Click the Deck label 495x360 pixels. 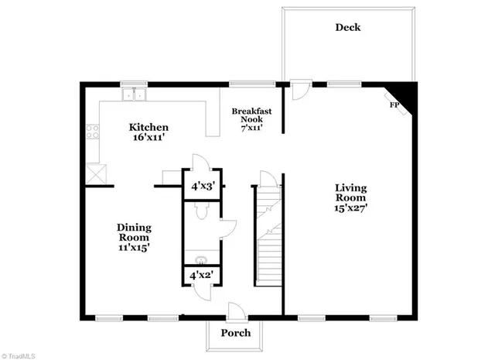tap(347, 28)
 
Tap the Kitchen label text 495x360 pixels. tap(148, 127)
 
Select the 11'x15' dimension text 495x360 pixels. tap(133, 248)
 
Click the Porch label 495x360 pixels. tap(236, 334)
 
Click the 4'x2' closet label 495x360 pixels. tap(200, 274)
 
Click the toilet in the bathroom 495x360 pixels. tap(200, 211)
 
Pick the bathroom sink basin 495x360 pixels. tap(200, 260)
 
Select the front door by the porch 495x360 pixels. tap(237, 310)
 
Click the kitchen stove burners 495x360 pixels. tap(94, 132)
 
